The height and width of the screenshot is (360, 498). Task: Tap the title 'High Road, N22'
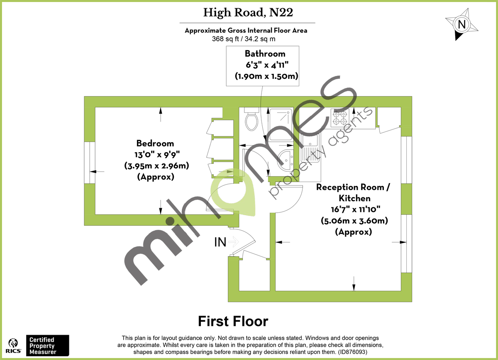(x=248, y=13)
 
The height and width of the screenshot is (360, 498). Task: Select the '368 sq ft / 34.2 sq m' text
(x=244, y=39)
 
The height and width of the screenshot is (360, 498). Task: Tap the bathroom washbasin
(x=285, y=159)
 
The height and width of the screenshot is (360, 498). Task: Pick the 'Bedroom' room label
(x=155, y=144)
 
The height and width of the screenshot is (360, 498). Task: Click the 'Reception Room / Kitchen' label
(x=353, y=192)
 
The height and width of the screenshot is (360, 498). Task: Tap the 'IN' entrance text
(x=220, y=242)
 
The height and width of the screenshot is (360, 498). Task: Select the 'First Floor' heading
(x=233, y=321)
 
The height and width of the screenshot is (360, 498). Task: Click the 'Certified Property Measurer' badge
(x=47, y=345)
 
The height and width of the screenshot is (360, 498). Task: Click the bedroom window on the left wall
(x=90, y=163)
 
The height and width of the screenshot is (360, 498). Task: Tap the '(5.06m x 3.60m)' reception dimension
(x=354, y=221)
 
